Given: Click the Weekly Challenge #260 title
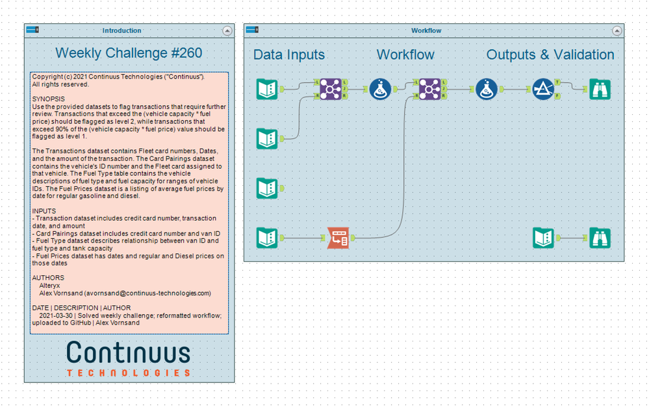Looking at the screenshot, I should point(129,53).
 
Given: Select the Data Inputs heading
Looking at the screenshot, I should point(288,55).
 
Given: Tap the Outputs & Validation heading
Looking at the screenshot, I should point(550,55).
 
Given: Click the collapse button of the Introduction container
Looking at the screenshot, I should point(227,31).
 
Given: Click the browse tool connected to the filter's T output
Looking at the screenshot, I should point(599,89).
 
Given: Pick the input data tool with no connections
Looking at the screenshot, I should point(267,188).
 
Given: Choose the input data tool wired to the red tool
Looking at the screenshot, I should point(267,238).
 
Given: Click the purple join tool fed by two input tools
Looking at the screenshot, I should point(331,89).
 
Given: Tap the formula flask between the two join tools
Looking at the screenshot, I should point(380,89).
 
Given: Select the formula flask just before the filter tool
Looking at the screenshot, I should point(486,89).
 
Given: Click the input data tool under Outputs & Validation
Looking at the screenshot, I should point(543,238).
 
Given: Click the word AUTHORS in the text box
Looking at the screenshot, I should point(48,278).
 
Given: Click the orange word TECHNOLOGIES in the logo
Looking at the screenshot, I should point(129,373).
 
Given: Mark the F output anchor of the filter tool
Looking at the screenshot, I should point(558,96).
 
